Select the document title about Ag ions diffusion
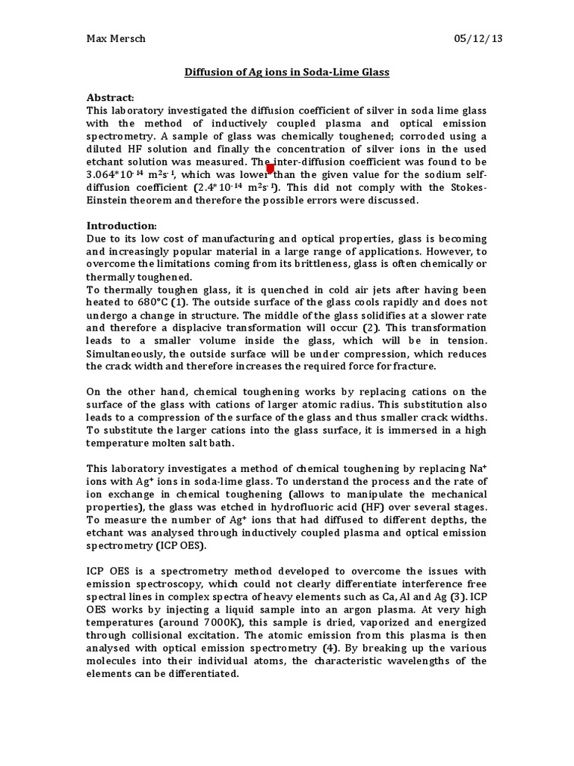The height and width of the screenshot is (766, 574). point(287,73)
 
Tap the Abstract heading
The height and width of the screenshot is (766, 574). point(111,98)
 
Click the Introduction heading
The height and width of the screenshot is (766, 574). point(122,225)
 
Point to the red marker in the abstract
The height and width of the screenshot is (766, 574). point(271,169)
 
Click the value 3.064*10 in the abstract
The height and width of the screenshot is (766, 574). point(111,175)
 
